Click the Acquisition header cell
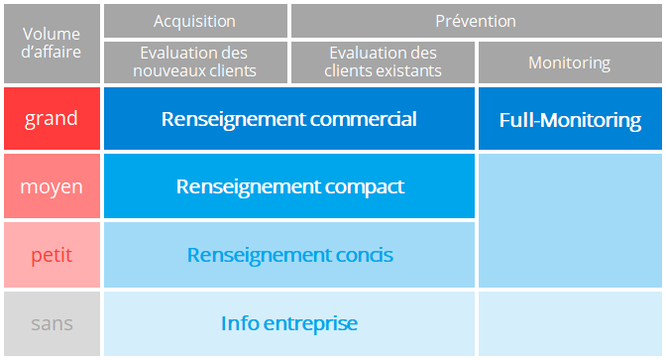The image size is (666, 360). pyautogui.click(x=194, y=21)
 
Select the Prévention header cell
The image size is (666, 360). pyautogui.click(x=476, y=21)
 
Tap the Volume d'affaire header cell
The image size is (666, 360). pyautogui.click(x=51, y=44)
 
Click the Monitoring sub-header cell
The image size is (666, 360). pyautogui.click(x=569, y=62)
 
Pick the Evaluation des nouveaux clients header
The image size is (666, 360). pyautogui.click(x=194, y=61)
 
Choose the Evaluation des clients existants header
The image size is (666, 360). pyautogui.click(x=383, y=61)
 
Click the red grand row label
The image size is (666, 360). pyautogui.click(x=51, y=119)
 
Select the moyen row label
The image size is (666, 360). pyautogui.click(x=51, y=186)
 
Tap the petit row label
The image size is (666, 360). pyautogui.click(x=51, y=255)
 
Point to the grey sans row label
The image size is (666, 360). pyautogui.click(x=51, y=323)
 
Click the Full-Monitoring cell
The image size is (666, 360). pyautogui.click(x=569, y=120)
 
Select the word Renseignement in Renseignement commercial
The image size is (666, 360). pyautogui.click(x=224, y=119)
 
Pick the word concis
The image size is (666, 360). pyautogui.click(x=359, y=255)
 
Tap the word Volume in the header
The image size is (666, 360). pyautogui.click(x=51, y=35)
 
